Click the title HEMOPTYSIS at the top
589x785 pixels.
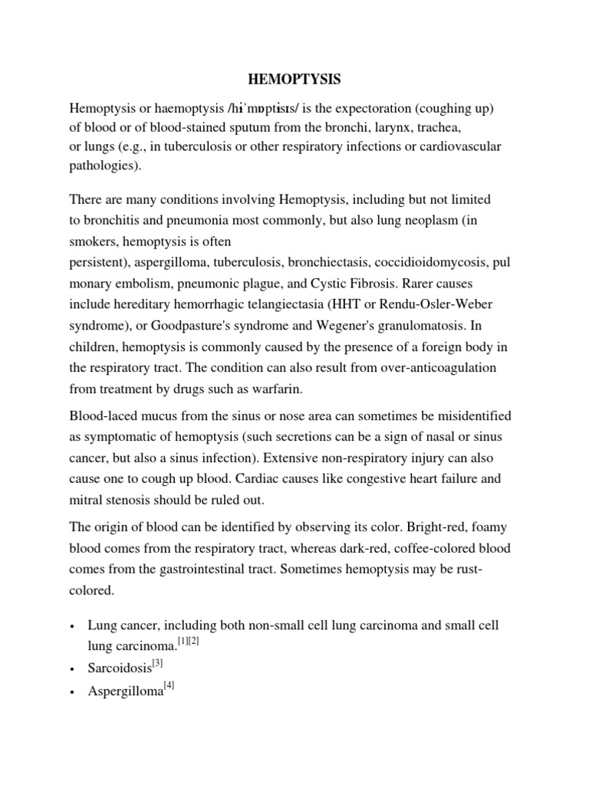point(294,80)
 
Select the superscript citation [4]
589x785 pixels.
point(171,687)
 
